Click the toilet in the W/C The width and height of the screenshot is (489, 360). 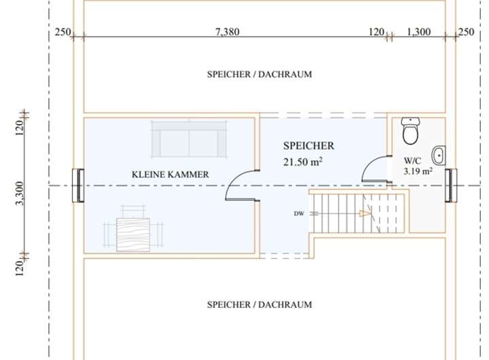tap(410, 131)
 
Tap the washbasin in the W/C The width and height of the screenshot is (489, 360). tap(439, 155)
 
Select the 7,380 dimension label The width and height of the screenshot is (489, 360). tap(228, 32)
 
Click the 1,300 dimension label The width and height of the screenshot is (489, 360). tap(419, 32)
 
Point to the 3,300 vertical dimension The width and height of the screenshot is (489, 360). tap(20, 194)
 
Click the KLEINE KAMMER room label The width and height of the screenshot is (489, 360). tap(170, 175)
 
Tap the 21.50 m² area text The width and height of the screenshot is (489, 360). tap(302, 162)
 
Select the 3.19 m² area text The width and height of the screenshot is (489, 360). tap(418, 171)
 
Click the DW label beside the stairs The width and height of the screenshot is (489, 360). tap(299, 214)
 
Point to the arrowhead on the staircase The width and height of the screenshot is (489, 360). tap(365, 214)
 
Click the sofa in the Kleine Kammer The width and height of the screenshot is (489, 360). tap(189, 139)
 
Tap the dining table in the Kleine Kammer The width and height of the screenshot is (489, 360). tap(133, 234)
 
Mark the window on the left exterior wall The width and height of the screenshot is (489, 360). tap(78, 185)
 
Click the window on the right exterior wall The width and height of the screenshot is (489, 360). tap(451, 185)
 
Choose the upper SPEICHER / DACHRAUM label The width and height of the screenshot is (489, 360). tap(259, 74)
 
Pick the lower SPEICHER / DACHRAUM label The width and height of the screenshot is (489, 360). tap(259, 304)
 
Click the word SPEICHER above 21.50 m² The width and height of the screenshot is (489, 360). tap(309, 145)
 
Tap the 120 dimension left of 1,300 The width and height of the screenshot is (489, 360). tap(376, 32)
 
